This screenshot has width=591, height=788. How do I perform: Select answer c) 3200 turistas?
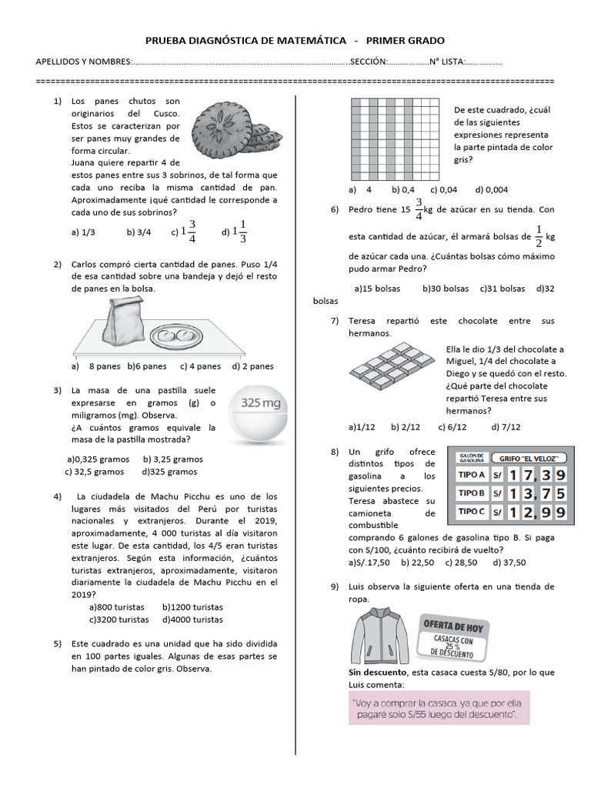tap(119, 619)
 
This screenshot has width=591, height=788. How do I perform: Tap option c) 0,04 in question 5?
tap(444, 189)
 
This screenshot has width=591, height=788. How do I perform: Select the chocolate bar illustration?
tap(391, 366)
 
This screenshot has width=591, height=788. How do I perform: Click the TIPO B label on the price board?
tap(472, 492)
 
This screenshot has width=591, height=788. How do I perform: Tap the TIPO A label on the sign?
tap(472, 474)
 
